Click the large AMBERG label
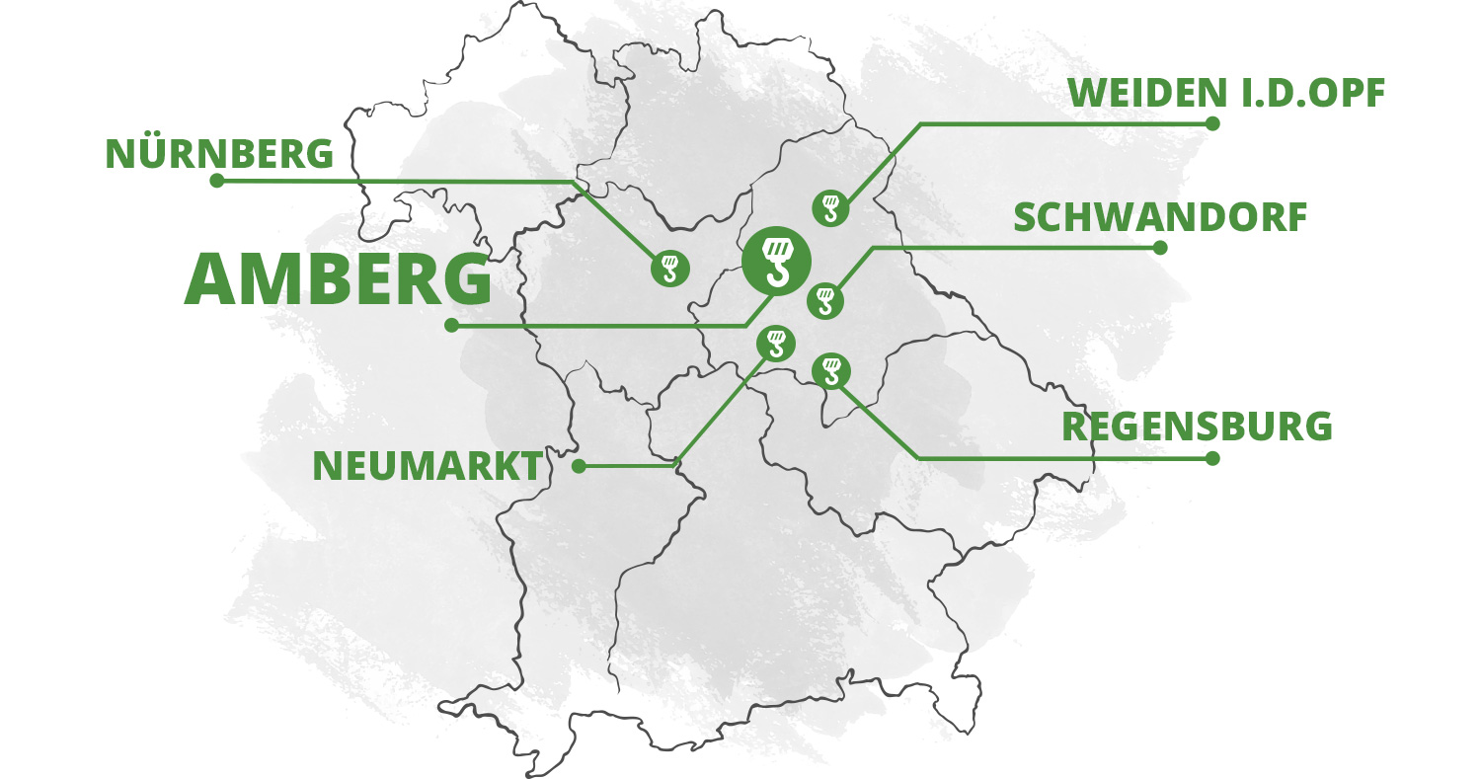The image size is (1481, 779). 338,279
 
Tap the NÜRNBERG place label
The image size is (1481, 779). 219,154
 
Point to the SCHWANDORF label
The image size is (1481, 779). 1160,218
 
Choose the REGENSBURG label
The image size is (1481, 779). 1197,428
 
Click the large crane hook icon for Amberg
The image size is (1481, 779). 776,260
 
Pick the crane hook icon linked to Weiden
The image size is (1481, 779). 829,207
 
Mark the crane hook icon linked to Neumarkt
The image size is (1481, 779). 775,343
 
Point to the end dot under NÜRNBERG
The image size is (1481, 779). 217,181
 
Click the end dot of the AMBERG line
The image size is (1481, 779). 451,325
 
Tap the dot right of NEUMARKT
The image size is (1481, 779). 579,466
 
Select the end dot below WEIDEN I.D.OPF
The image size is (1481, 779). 1212,123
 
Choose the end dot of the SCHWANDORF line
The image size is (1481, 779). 1160,248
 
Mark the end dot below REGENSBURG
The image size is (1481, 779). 1212,458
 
